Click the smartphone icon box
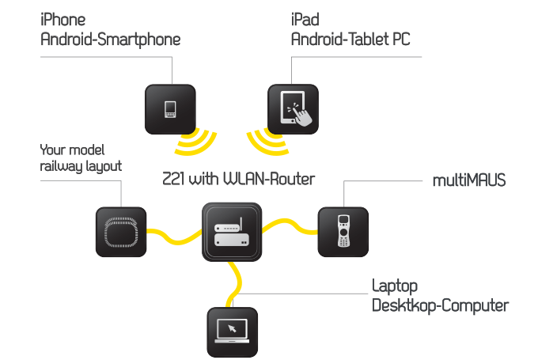click(170, 108)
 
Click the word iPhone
click(63, 20)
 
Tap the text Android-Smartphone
click(111, 39)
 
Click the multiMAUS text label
click(469, 182)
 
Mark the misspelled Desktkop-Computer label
click(440, 305)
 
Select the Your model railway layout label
click(81, 158)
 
